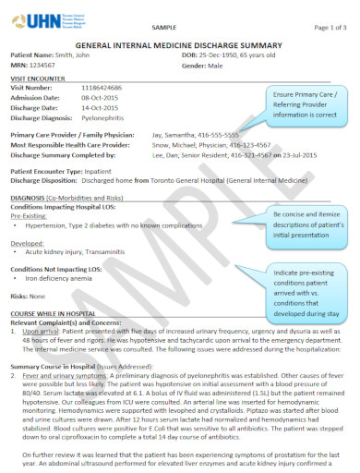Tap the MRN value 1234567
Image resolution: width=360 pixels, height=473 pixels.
(54, 66)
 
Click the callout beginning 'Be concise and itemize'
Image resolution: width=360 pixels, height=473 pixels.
(305, 223)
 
